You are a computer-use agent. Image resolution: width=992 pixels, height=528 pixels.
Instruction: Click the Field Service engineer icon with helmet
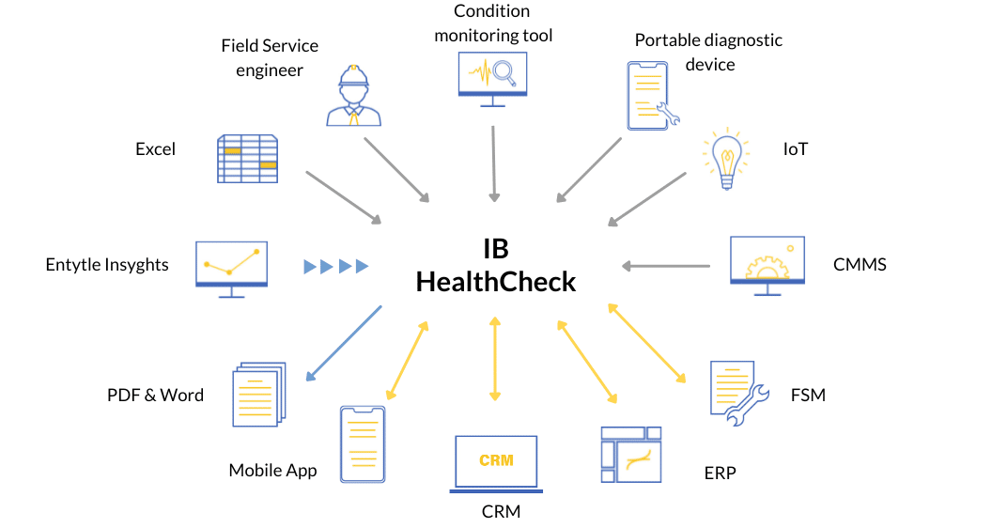click(x=354, y=95)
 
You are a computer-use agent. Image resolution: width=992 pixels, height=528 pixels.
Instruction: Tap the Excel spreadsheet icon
click(x=247, y=158)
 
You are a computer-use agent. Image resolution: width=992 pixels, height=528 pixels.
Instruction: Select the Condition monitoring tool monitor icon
click(x=492, y=78)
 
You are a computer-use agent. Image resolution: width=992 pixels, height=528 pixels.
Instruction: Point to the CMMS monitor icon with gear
click(x=767, y=265)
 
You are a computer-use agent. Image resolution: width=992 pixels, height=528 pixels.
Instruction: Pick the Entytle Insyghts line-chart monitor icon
click(x=232, y=269)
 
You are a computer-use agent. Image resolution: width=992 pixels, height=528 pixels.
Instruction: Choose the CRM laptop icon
click(x=495, y=463)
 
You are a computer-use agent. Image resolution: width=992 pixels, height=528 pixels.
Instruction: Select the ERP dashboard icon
click(x=631, y=455)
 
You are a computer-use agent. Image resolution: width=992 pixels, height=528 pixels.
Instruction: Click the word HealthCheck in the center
click(x=496, y=281)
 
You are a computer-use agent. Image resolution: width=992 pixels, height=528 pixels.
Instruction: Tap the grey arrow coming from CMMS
click(x=667, y=266)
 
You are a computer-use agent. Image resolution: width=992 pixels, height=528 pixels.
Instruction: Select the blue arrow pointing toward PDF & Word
click(x=344, y=343)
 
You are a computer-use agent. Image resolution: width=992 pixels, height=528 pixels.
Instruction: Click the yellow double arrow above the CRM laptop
click(x=495, y=361)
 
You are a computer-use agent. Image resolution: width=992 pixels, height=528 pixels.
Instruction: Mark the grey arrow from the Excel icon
click(x=344, y=197)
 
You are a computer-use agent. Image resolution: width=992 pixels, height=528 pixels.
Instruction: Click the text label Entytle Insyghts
click(x=107, y=265)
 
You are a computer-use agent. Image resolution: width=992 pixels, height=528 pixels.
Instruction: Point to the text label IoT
click(x=796, y=149)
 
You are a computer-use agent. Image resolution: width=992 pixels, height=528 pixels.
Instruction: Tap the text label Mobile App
click(x=272, y=470)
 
